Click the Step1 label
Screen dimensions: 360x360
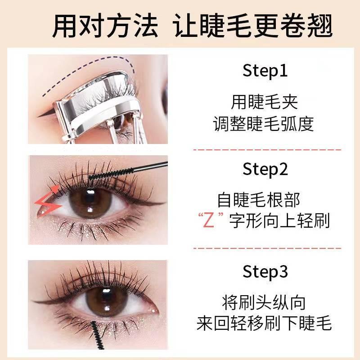[x=265, y=71]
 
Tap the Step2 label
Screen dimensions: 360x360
[x=265, y=170]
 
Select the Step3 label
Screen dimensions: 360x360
[x=265, y=272]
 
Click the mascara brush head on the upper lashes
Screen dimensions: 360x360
[x=104, y=174]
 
